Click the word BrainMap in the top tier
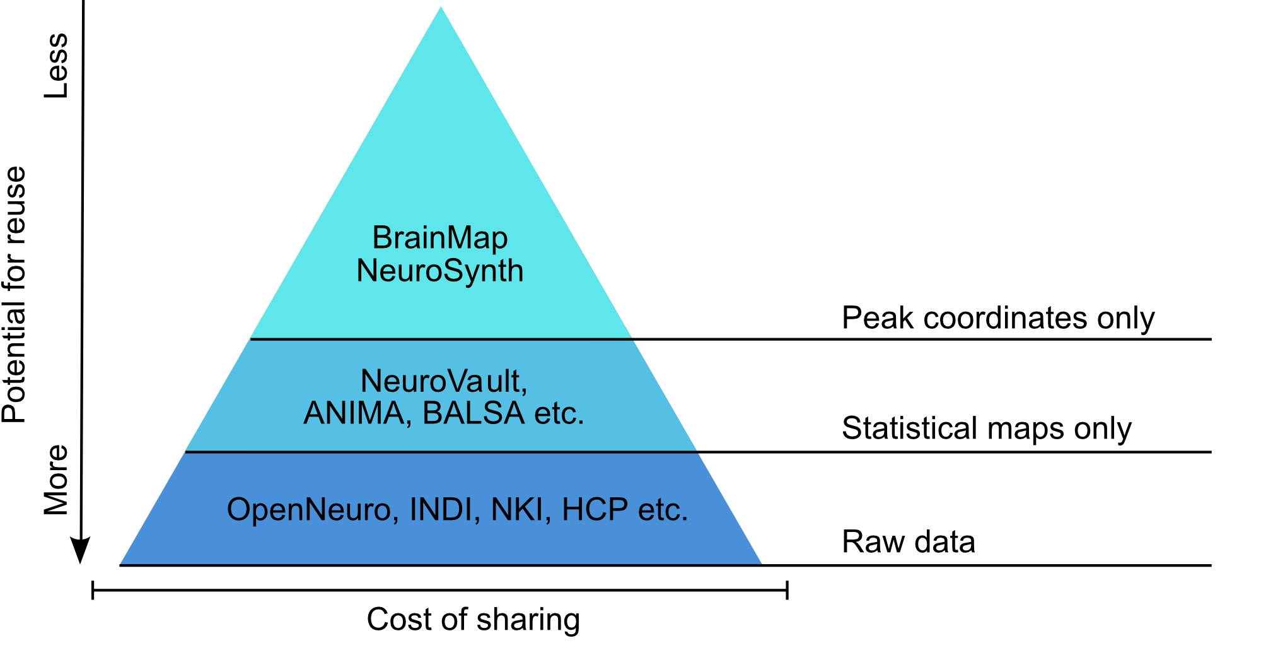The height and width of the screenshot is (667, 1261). click(x=439, y=239)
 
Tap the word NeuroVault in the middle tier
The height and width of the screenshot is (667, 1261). click(x=442, y=381)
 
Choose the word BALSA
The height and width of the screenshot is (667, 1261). click(x=474, y=414)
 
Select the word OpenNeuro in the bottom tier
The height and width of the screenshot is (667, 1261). click(x=308, y=510)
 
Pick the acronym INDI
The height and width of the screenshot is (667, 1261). click(x=441, y=510)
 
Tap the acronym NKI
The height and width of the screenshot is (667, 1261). click(x=517, y=510)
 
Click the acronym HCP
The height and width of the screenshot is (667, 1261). click(x=595, y=510)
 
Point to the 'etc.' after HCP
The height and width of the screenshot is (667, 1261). click(x=663, y=510)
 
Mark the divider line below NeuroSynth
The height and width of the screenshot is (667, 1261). click(x=441, y=339)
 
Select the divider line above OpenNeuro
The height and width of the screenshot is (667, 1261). click(x=441, y=452)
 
